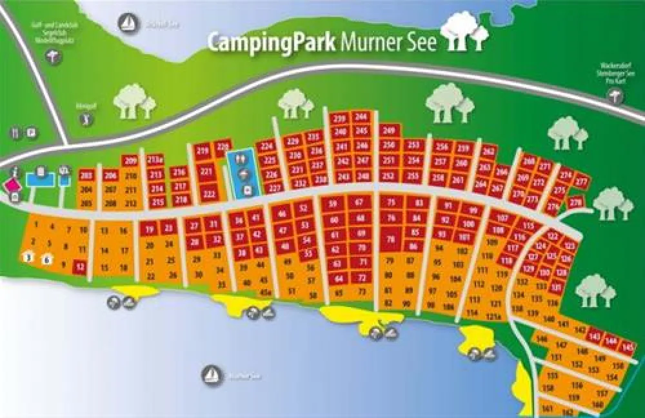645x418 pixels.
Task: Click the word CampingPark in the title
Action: tap(271, 42)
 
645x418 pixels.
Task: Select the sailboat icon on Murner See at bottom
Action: tap(211, 373)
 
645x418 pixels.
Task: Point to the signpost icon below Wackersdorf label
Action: tap(615, 97)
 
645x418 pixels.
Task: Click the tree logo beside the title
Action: tap(462, 32)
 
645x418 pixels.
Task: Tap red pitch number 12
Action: tap(80, 265)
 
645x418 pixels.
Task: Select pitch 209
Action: tap(131, 161)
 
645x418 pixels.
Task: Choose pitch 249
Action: tap(388, 131)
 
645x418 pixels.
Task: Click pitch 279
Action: tap(576, 202)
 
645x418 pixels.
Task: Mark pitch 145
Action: tap(627, 348)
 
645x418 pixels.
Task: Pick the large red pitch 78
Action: tap(390, 239)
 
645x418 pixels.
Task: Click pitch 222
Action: tap(208, 193)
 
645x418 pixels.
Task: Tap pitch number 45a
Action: tap(265, 292)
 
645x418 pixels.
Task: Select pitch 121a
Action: tap(493, 315)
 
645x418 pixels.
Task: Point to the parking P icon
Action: tap(31, 134)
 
